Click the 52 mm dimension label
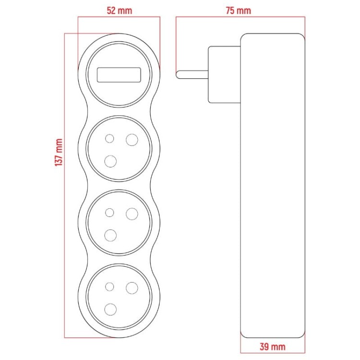[119, 10]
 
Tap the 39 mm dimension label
[272, 346]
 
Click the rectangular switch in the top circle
[119, 75]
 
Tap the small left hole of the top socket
[109, 139]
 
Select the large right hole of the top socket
[131, 139]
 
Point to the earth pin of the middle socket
[111, 235]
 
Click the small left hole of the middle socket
[109, 213]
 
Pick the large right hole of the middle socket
[131, 213]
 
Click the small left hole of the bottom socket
[109, 287]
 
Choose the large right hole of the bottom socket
[131, 287]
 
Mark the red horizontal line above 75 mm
[240, 18]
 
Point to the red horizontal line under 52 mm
[119, 18]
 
